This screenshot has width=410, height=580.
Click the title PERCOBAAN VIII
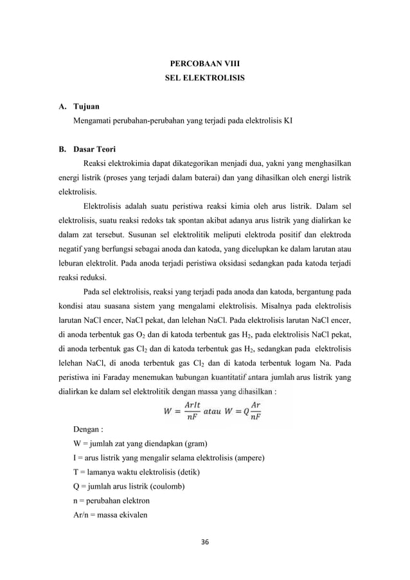(205, 65)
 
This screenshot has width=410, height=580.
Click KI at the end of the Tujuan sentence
(287, 120)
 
